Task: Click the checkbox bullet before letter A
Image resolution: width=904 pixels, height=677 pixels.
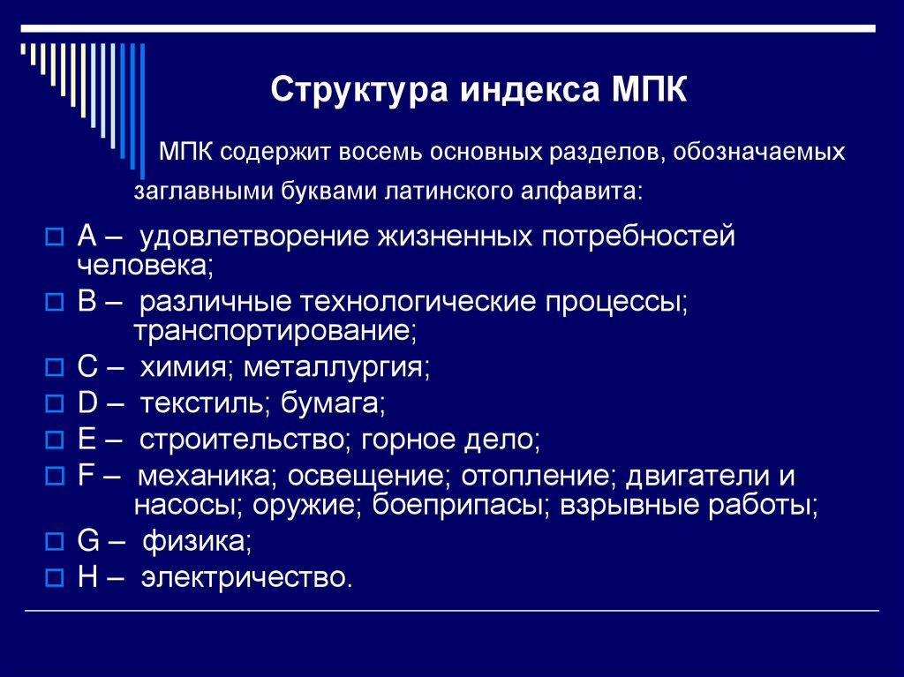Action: point(53,237)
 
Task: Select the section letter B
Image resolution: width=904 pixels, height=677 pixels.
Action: point(87,303)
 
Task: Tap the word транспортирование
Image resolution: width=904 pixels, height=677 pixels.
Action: point(274,331)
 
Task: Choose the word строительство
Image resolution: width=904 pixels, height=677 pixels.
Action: point(244,440)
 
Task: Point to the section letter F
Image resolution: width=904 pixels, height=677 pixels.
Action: point(86,477)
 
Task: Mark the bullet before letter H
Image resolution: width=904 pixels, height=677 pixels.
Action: point(53,578)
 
